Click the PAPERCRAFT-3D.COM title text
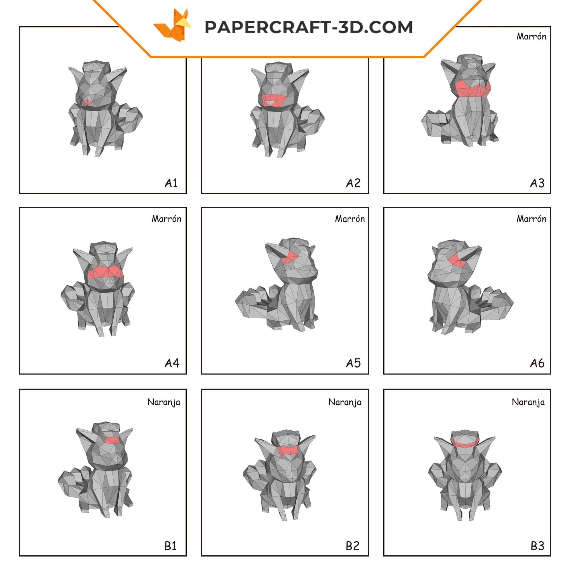tap(309, 27)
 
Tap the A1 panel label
tap(171, 183)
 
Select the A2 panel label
tap(353, 183)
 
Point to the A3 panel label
tap(537, 183)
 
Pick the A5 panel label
tap(353, 363)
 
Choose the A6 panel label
tap(537, 363)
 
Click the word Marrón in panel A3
tap(531, 36)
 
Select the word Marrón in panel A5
tap(350, 219)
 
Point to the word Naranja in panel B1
tap(164, 402)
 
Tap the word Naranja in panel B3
tap(528, 402)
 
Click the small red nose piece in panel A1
tap(87, 102)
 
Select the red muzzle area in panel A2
tap(274, 100)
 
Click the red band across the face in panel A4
tap(106, 272)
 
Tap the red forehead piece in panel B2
tap(288, 450)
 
